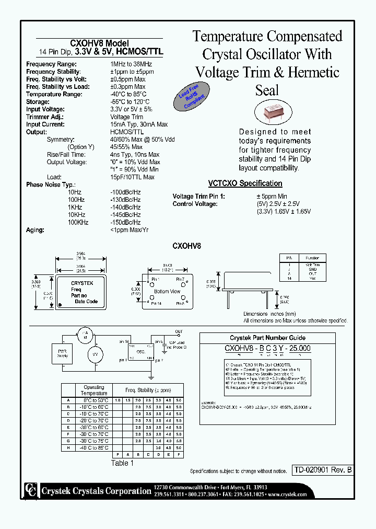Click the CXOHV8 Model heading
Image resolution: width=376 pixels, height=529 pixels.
[x=99, y=43]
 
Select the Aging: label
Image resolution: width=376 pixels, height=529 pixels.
[x=35, y=230]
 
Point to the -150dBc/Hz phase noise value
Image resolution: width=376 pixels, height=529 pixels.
[x=125, y=223]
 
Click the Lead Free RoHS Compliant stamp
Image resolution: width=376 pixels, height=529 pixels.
[x=191, y=98]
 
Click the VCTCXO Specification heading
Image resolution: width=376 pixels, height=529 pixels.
[x=245, y=183]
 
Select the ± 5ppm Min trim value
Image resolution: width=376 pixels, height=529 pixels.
[x=272, y=197]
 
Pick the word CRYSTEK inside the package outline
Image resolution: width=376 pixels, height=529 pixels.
[x=82, y=283]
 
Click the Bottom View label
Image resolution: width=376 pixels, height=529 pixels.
[x=167, y=291]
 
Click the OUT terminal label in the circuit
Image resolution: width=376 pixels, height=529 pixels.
[x=179, y=331]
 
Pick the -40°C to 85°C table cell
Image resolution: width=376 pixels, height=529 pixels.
[x=94, y=447]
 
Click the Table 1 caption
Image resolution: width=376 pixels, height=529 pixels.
[x=122, y=463]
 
